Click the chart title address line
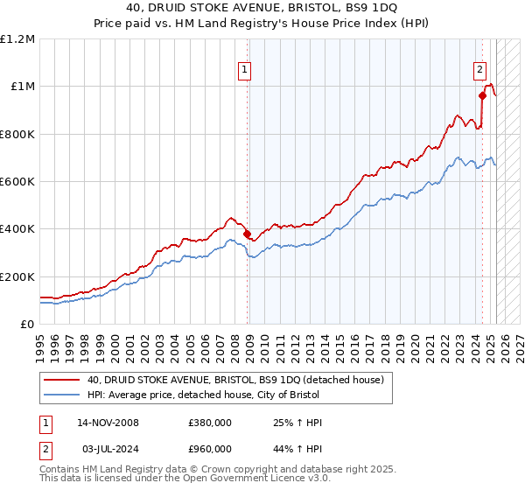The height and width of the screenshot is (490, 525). click(262, 9)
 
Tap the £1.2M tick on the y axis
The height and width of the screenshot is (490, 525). click(17, 39)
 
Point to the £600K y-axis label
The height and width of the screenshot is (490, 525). click(17, 182)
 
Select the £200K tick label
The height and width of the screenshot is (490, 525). click(17, 276)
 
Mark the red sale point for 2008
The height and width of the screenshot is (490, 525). click(248, 234)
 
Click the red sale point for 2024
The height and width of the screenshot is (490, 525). click(482, 96)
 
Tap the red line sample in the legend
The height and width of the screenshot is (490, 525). click(62, 380)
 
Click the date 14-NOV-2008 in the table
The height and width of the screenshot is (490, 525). click(108, 423)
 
